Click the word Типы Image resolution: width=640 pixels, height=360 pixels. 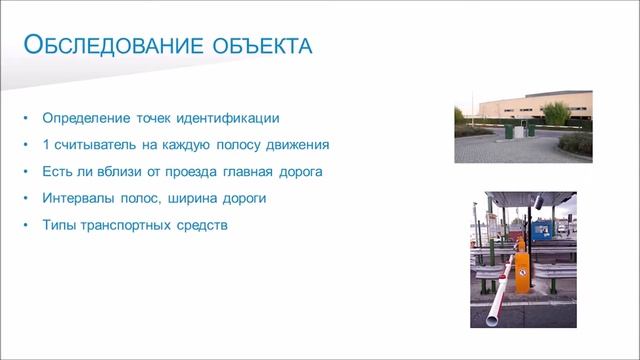pos(59,225)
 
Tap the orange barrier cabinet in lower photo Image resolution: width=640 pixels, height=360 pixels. pos(521,268)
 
